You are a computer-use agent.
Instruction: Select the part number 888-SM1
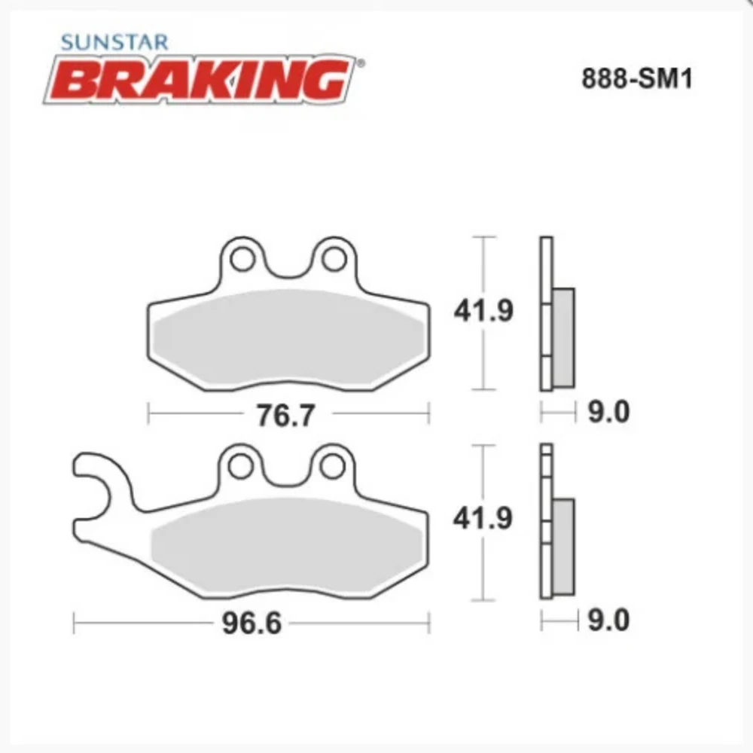636,80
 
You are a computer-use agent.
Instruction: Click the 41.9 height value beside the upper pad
483,311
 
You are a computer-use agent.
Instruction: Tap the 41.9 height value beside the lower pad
483,520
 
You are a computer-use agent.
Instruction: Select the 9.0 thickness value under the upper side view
608,413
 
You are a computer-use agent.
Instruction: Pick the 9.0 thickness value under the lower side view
608,621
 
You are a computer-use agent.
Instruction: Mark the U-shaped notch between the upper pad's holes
286,267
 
